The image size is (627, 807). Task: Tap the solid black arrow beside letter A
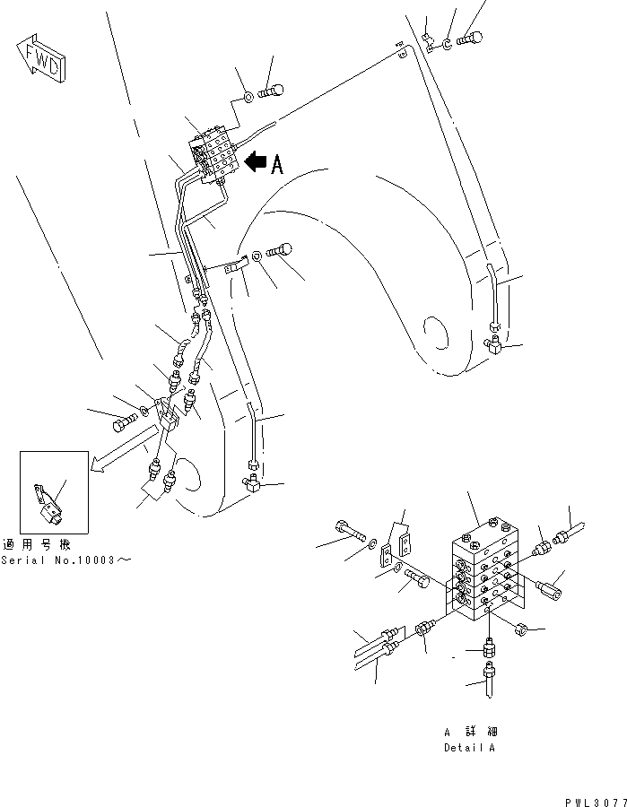click(x=256, y=162)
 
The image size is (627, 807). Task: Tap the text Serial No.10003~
click(x=66, y=560)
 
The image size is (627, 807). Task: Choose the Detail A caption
click(x=468, y=747)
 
